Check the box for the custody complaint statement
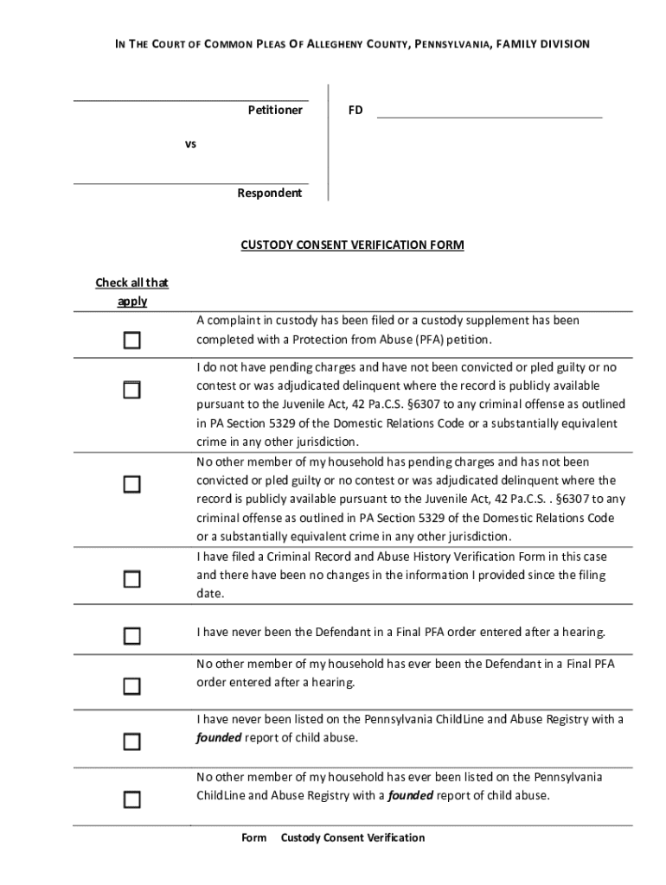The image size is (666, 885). pos(131,341)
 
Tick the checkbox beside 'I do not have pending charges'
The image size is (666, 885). pos(131,390)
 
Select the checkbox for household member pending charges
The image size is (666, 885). pos(131,484)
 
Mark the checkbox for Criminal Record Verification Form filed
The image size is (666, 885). pos(131,579)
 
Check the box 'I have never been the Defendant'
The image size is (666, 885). pos(131,636)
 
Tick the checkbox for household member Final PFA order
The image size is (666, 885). pos(131,686)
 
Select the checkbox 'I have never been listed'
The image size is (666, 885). pos(131,742)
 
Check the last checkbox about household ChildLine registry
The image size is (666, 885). pos(131,799)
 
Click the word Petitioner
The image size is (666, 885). pos(275,111)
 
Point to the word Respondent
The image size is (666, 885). pos(270,194)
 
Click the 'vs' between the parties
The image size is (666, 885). pos(190,144)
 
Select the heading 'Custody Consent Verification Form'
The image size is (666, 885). pos(352,245)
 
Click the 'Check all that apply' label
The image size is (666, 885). pos(132,292)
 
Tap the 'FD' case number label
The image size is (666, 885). pos(355,111)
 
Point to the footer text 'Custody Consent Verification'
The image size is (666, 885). pos(353,837)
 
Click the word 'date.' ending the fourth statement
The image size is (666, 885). pos(210,595)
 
